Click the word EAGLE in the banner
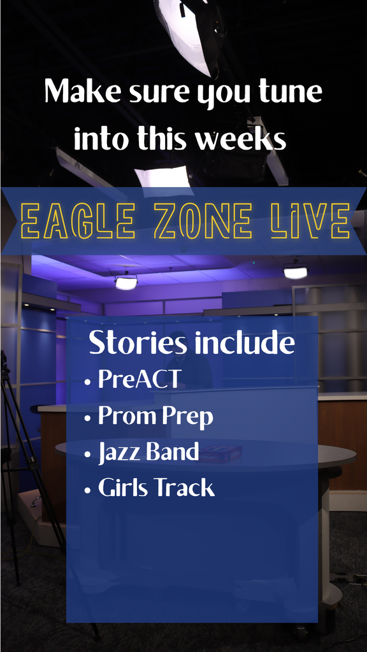click(x=78, y=221)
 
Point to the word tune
click(x=289, y=92)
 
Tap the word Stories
click(x=138, y=343)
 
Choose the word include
click(x=245, y=343)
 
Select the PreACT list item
click(x=140, y=379)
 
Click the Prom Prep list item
click(x=155, y=416)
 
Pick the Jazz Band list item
click(x=148, y=452)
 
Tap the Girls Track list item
click(x=156, y=488)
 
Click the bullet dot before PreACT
click(x=88, y=383)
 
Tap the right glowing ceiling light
click(x=295, y=272)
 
